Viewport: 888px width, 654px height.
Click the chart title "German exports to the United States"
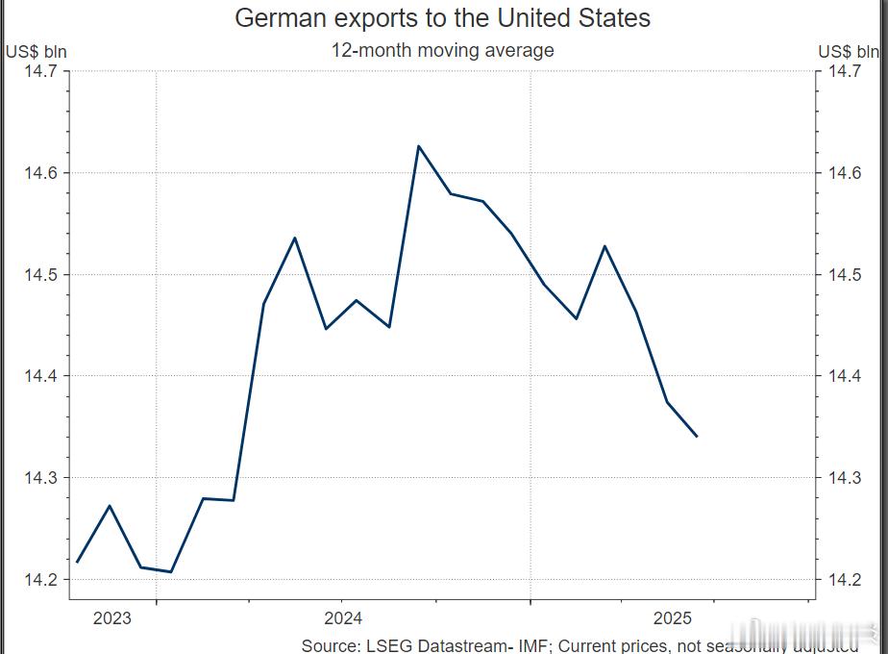point(442,17)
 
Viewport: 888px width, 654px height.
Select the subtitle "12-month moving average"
point(442,50)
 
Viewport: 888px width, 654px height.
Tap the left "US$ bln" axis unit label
point(37,52)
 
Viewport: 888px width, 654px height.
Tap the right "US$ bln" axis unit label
point(849,52)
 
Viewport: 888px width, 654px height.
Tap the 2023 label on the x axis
point(111,618)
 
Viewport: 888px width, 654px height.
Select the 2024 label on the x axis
point(343,618)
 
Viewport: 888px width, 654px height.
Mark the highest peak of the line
point(418,146)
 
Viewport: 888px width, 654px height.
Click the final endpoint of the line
point(697,437)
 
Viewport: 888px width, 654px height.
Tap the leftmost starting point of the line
point(77,562)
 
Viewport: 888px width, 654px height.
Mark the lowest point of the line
point(170,572)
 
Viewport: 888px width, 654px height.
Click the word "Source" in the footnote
point(329,644)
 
